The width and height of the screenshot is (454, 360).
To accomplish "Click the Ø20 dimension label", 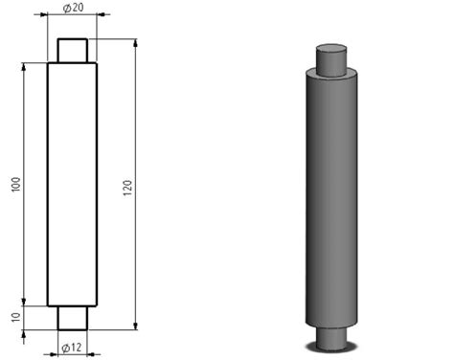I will point(73,8).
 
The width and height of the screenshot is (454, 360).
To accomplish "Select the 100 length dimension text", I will point(14,184).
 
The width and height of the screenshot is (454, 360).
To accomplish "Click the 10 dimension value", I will point(14,317).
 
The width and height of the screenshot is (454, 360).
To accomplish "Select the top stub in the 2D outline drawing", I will point(73,50).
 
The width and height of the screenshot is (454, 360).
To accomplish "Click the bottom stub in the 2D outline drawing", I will point(73,318).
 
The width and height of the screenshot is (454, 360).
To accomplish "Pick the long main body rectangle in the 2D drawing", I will point(73,184).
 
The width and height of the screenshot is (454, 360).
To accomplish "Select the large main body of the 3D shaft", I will point(331,201).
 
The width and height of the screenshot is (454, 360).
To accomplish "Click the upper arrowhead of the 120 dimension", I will point(135,43).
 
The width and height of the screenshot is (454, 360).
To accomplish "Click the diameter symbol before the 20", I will point(66,8).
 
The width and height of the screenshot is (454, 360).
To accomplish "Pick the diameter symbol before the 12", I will point(65,346).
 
